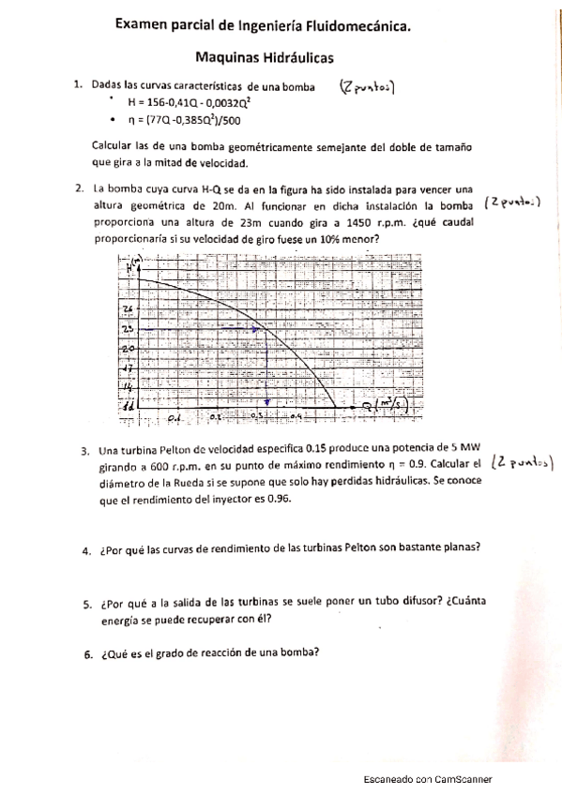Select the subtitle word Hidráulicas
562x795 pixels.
(303, 58)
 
